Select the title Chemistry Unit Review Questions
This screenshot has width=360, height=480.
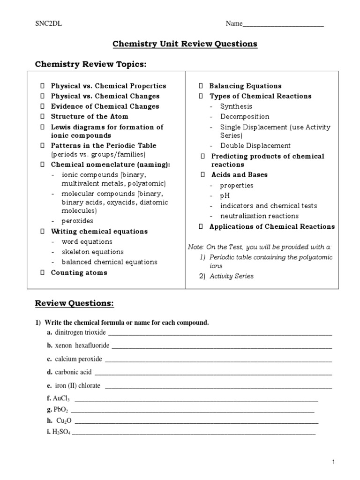(x=185, y=44)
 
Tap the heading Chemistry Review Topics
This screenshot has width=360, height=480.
(x=91, y=64)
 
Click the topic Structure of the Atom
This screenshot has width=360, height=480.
(x=89, y=116)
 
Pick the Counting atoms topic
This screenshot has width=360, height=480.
(x=79, y=273)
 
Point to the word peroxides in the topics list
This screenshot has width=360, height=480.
(x=77, y=221)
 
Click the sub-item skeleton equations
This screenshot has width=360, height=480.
(x=92, y=252)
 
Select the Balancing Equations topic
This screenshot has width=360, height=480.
(x=245, y=86)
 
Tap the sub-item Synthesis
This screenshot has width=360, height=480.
(x=236, y=106)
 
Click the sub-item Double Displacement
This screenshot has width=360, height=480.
(x=255, y=146)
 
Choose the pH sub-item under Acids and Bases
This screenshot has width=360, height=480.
(x=225, y=195)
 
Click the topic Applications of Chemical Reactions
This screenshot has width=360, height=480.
(x=272, y=226)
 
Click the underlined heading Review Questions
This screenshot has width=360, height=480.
(x=75, y=303)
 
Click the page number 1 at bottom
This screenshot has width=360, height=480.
(x=333, y=462)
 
